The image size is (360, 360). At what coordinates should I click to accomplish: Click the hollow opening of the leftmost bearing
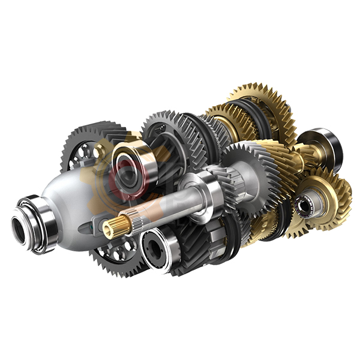click(x=19, y=230)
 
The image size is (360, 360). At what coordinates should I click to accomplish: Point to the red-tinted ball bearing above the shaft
click(x=133, y=162)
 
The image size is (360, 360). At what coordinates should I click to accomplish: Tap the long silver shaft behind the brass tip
click(x=162, y=204)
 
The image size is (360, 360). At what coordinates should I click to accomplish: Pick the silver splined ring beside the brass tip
click(x=133, y=222)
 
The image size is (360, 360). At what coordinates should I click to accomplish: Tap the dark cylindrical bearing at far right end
click(x=327, y=144)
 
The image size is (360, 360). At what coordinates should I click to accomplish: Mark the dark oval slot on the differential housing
click(x=90, y=226)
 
